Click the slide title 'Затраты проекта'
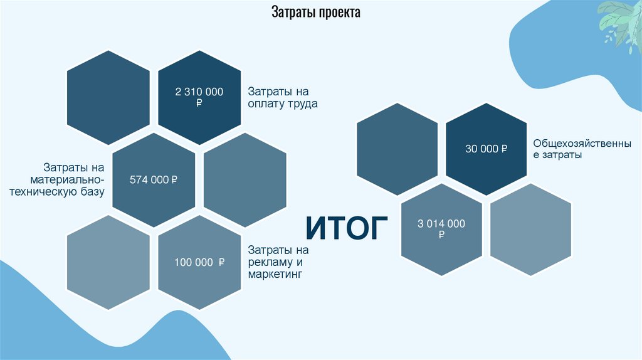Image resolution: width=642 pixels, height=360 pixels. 315,13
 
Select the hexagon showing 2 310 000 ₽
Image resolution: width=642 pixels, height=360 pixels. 199,97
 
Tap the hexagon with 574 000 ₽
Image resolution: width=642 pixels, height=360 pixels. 154,179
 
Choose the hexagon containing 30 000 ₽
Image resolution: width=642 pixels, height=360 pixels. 487,149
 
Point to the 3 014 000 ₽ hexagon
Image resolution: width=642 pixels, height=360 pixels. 441,229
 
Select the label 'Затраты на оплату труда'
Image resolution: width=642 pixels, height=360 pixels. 282,98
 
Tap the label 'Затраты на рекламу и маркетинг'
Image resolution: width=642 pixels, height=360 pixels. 278,262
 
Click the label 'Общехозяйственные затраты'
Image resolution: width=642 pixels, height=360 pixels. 582,149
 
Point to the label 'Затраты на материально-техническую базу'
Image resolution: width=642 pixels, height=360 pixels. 74,180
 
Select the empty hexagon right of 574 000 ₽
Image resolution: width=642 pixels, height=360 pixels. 245,179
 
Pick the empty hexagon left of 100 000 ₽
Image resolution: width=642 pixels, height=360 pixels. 108,262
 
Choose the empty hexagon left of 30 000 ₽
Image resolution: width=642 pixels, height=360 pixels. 397,149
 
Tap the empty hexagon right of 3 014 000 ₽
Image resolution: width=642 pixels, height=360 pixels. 530,229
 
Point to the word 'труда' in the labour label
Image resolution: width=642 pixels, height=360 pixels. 303,104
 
